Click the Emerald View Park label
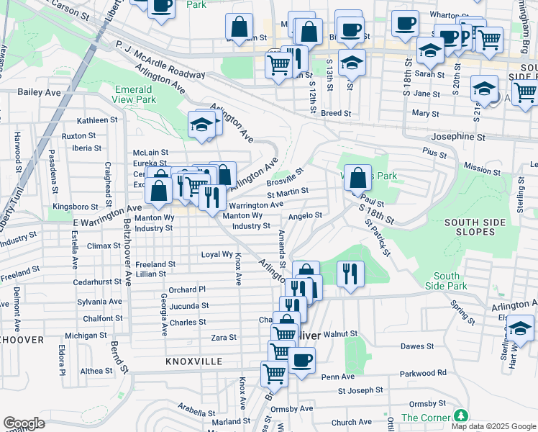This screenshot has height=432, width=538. point(133,94)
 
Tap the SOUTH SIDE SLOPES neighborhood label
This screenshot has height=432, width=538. point(479,228)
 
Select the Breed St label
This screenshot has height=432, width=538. point(336,113)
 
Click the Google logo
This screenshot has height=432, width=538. point(24,423)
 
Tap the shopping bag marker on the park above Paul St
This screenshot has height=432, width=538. point(357,177)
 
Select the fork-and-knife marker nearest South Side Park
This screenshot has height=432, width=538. point(350,274)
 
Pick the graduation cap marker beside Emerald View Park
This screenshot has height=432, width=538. point(202,125)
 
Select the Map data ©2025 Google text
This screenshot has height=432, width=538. point(493,426)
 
